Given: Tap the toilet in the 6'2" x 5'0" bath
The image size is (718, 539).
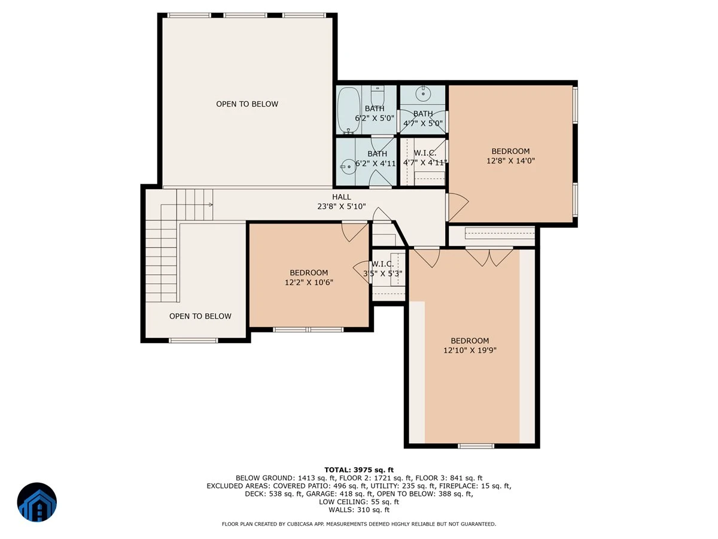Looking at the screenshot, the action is tap(377, 95).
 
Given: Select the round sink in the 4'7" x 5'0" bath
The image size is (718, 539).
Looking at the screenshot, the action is tap(423, 94).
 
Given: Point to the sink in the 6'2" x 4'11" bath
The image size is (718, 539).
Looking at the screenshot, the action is tap(348, 167).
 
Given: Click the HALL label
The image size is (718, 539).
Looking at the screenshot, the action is tap(342, 196).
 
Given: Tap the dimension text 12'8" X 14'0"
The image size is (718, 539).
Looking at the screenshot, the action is tap(510, 161).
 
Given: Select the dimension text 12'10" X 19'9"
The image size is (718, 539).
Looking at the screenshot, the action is tap(470, 350).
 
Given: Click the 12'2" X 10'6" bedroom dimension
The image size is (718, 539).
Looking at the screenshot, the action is tap(309, 282).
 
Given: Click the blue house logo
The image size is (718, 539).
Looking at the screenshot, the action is tap(37, 502).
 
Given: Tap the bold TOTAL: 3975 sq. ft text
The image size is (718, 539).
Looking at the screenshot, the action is tap(359, 470).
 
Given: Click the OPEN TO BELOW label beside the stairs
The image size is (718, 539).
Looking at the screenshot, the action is tap(200, 316).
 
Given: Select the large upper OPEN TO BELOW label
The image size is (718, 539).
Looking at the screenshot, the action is tap(247, 104).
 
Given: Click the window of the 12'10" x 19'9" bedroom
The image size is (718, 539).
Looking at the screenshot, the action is tap(476, 446).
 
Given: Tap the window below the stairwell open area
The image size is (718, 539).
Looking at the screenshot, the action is tap(193, 340).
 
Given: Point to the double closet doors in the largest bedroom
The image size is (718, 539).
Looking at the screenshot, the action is tap(489, 258).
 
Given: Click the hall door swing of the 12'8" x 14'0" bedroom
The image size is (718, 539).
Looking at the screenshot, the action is tap(457, 207).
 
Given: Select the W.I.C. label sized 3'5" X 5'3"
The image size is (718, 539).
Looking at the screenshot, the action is tap(382, 264).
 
